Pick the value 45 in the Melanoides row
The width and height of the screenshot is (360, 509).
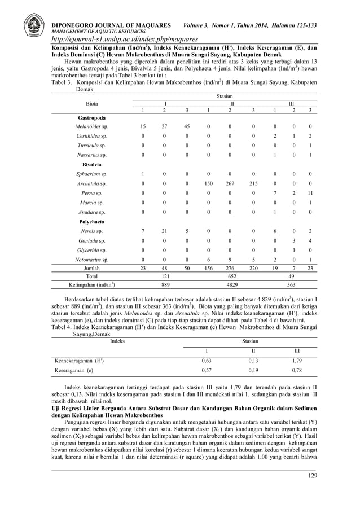coord(186,127)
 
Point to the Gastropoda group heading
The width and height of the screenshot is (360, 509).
coord(90,117)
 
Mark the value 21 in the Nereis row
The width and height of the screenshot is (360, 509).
coord(164,231)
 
